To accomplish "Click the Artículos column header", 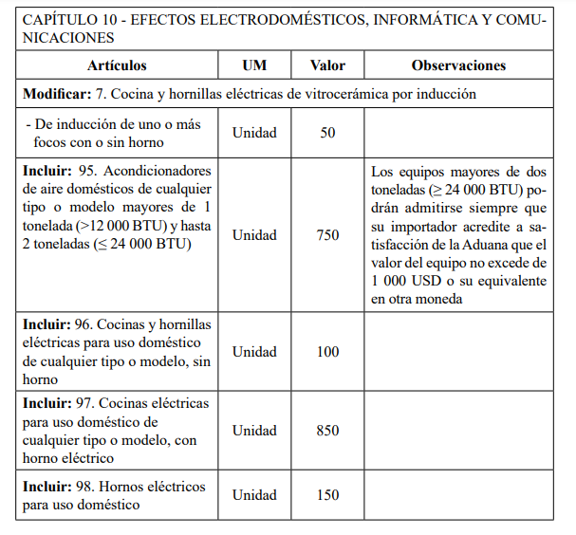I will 117,66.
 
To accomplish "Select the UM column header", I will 254,66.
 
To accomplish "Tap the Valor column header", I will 327,66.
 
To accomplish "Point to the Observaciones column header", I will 458,66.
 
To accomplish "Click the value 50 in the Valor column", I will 327,133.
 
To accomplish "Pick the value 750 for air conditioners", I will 327,235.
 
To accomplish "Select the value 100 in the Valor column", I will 327,352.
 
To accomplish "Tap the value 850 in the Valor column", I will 327,431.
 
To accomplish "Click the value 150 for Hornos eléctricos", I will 327,495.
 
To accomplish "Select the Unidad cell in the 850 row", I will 254,431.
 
